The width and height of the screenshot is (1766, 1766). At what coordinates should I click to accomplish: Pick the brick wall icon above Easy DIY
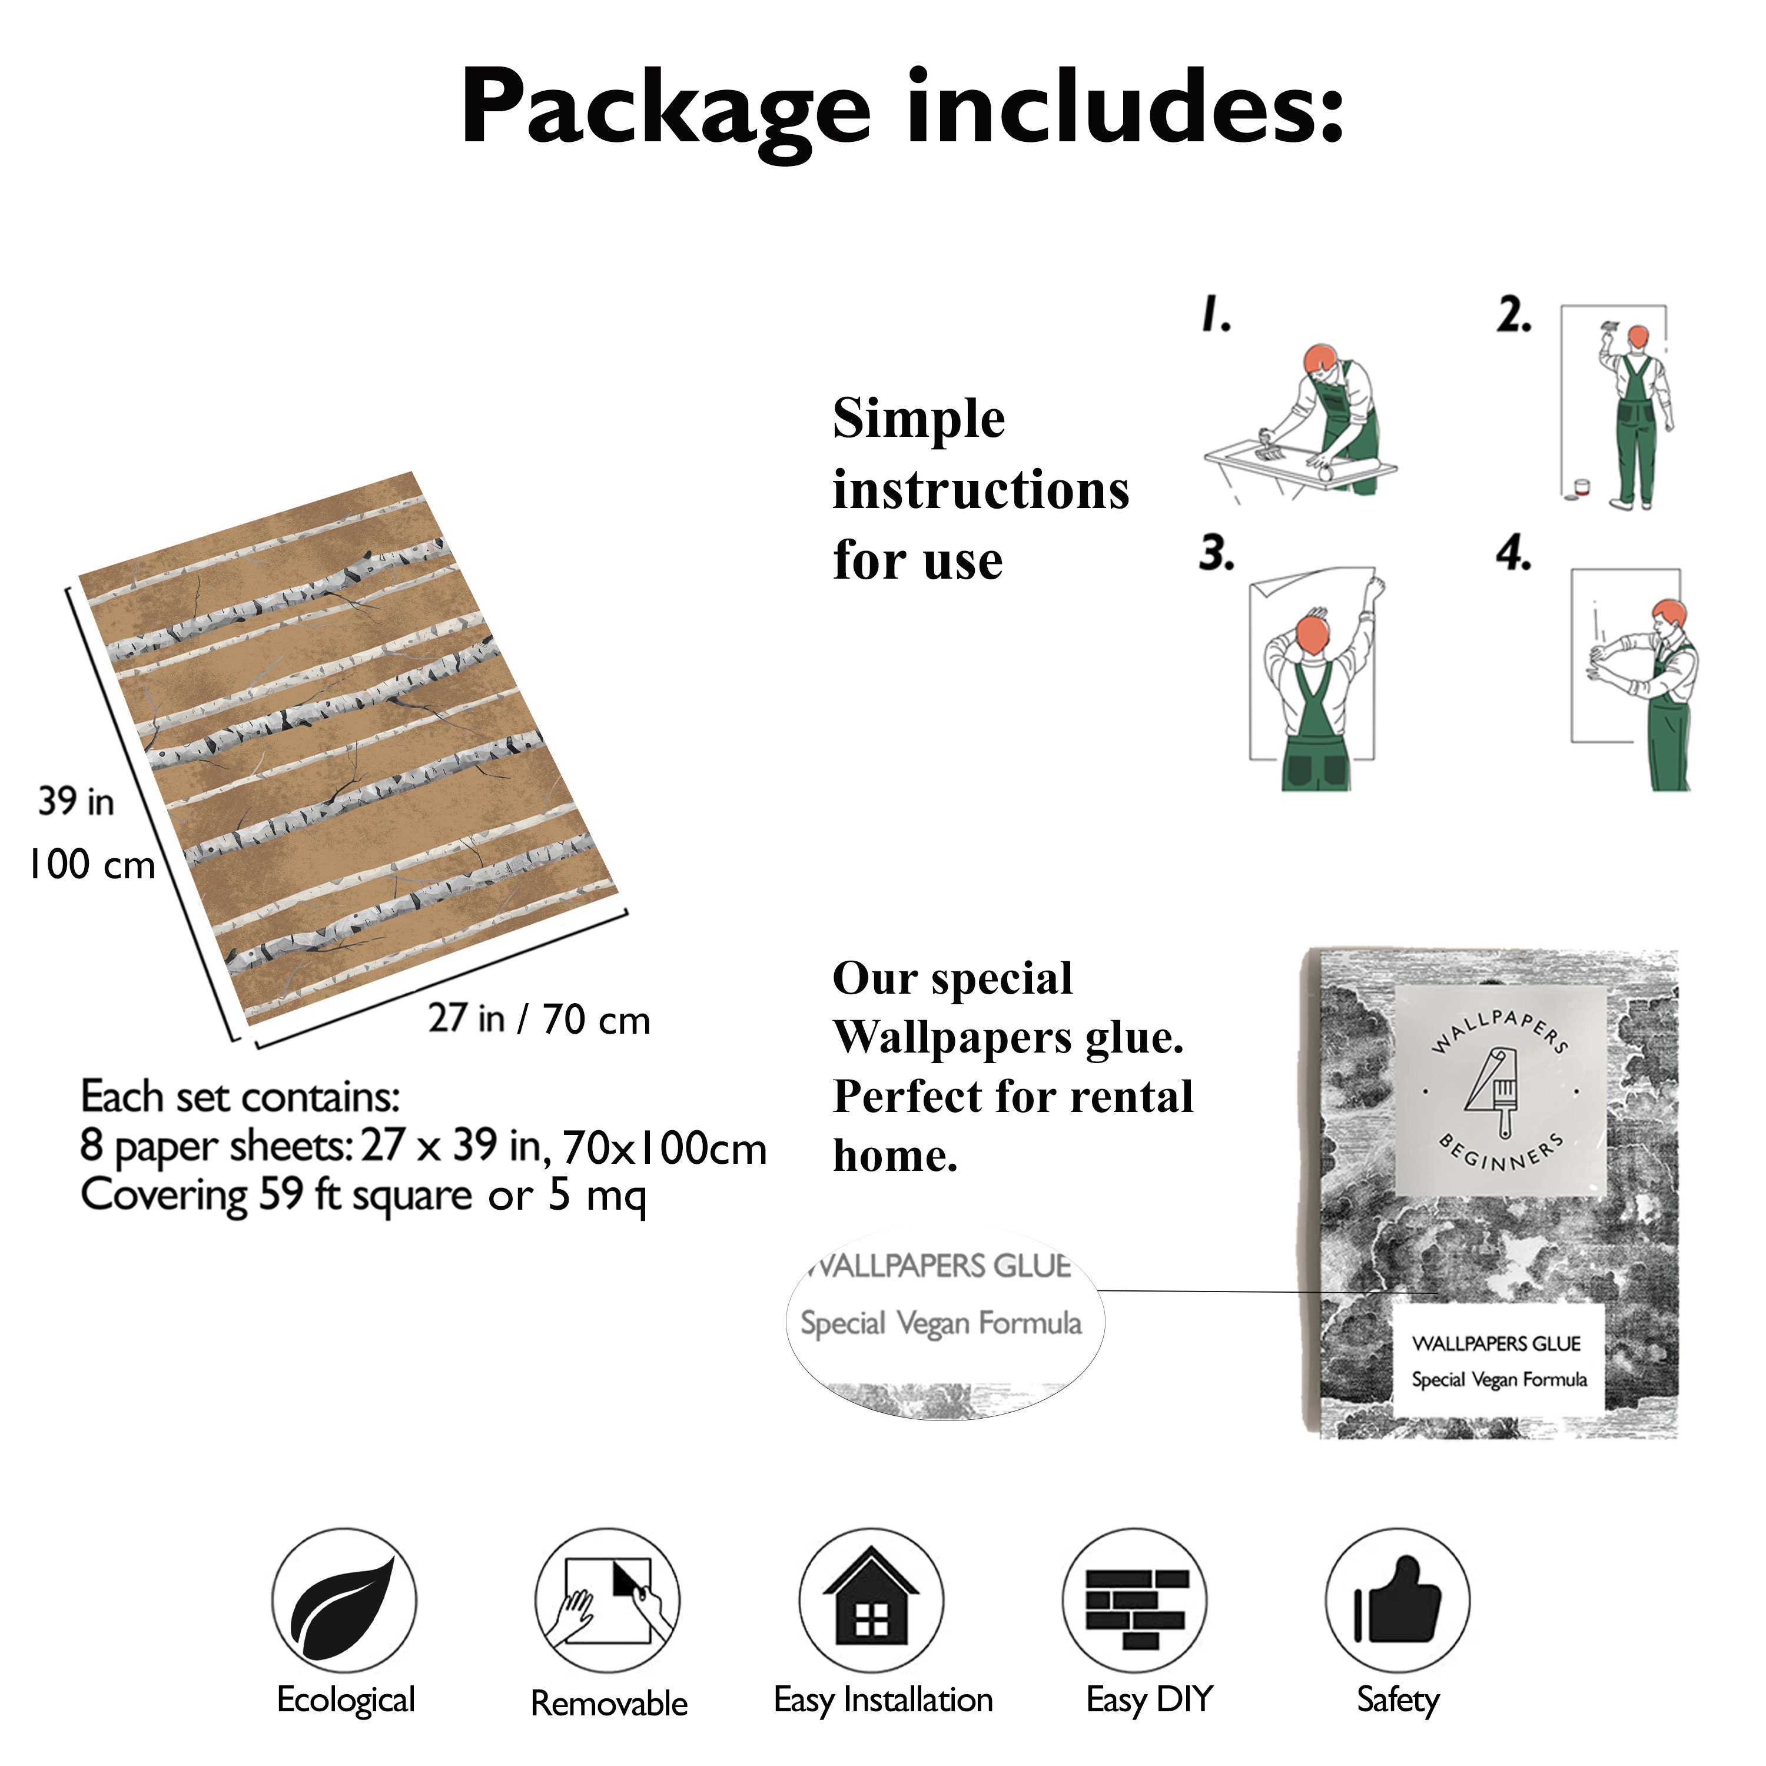click(x=1136, y=1604)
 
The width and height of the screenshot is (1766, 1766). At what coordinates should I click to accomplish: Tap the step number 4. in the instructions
click(x=1513, y=554)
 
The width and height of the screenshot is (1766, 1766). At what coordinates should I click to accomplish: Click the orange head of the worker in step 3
click(x=1311, y=633)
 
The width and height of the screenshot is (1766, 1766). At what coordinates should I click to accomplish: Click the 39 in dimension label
click(x=77, y=802)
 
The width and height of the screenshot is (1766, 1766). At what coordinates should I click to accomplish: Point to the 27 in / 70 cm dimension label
click(x=539, y=1019)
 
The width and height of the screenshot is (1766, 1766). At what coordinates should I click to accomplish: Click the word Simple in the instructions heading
click(x=919, y=420)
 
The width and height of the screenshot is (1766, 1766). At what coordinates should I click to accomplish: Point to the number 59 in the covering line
click(x=281, y=1195)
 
